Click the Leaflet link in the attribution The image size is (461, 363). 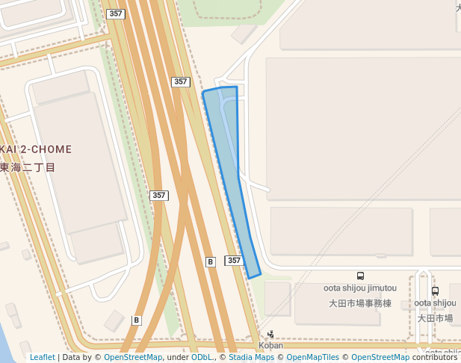(x=42, y=357)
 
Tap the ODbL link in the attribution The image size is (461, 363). (x=201, y=357)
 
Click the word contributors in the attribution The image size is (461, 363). (x=434, y=357)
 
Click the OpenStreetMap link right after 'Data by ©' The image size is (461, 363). (x=133, y=357)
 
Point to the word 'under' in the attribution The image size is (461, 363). (x=177, y=357)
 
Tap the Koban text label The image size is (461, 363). (x=270, y=345)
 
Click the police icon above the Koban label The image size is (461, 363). (x=270, y=334)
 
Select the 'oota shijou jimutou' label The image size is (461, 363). (x=360, y=288)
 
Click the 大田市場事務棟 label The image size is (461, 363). (x=360, y=303)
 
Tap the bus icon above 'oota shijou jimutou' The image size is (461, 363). (x=361, y=276)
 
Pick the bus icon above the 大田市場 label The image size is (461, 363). (x=435, y=291)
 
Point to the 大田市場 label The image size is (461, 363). (x=435, y=318)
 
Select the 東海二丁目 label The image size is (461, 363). (x=28, y=167)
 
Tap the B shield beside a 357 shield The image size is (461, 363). (x=211, y=261)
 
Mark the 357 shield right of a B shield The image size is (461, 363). (x=234, y=260)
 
